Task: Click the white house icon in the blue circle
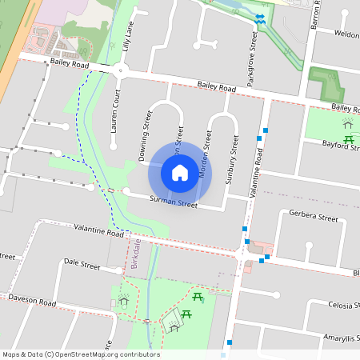[180, 172]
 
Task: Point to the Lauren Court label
[115, 111]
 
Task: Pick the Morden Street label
[205, 153]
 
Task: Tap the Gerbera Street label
[315, 217]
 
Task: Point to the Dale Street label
[82, 263]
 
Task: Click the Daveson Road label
[32, 301]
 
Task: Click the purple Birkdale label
[135, 255]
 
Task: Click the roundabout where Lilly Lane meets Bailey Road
[121, 70]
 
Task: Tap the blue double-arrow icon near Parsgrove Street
[259, 18]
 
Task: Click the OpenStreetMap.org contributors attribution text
[103, 354]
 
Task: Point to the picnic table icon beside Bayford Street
[349, 141]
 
